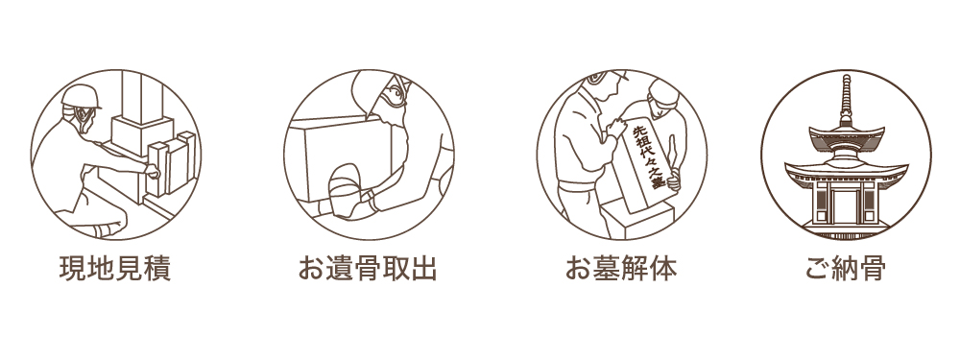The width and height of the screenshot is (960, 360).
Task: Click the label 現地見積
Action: [x=114, y=269]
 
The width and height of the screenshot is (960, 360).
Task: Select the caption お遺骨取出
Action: [x=368, y=269]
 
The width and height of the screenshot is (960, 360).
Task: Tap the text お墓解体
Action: [x=621, y=269]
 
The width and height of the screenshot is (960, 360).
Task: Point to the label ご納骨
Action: [x=846, y=269]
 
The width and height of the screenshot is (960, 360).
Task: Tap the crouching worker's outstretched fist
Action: [x=152, y=171]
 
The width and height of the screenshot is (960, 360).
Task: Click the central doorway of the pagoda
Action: [x=846, y=205]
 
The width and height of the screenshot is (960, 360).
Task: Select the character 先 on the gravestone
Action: [x=636, y=132]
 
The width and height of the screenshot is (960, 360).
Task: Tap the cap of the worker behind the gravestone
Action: [x=663, y=92]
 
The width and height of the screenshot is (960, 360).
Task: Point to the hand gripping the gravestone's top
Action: [x=616, y=127]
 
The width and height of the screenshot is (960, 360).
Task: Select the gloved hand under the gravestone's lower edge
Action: [x=674, y=182]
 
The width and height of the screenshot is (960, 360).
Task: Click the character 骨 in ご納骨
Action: [x=873, y=269]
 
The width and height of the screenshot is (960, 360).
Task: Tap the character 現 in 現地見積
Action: [x=72, y=269]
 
